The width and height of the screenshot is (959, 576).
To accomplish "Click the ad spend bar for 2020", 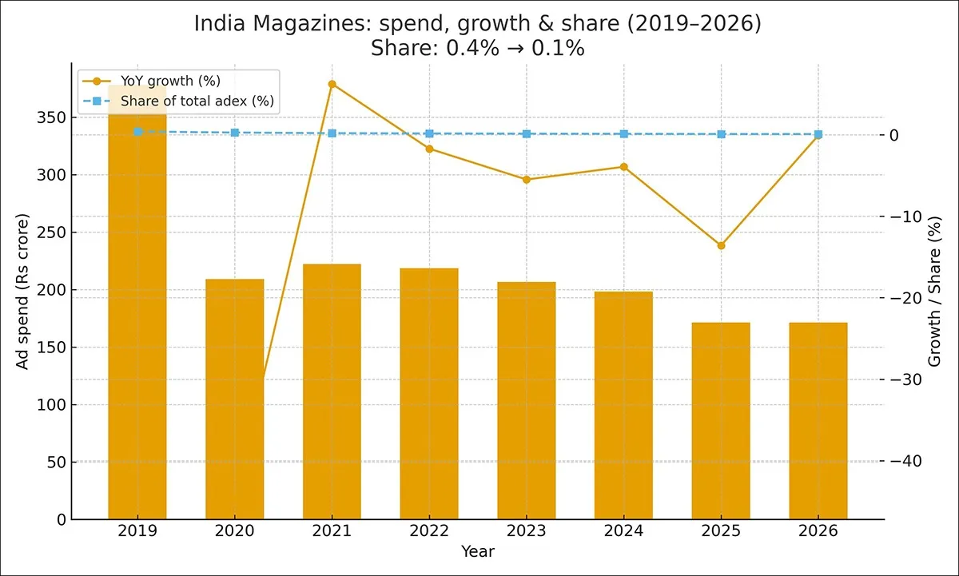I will (x=235, y=399).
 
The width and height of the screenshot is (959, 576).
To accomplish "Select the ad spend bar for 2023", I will (x=527, y=400).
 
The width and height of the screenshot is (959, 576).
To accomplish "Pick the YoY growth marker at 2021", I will (x=332, y=84).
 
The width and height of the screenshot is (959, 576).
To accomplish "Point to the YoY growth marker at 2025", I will (x=721, y=245).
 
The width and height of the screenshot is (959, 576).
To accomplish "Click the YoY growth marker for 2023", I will (x=527, y=180).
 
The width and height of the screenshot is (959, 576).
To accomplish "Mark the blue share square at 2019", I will (x=137, y=131).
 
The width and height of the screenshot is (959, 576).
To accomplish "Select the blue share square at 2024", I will (x=624, y=134).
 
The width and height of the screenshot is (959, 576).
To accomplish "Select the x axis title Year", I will (x=478, y=552).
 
